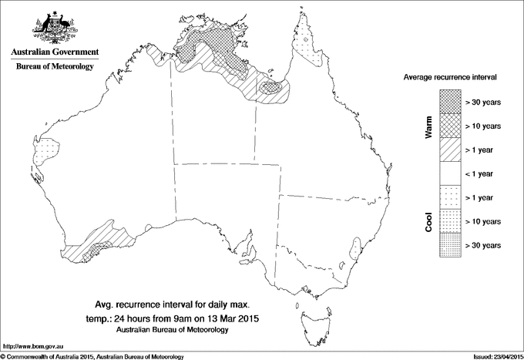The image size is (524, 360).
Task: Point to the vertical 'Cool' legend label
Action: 428,221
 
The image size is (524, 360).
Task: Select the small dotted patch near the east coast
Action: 355,248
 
